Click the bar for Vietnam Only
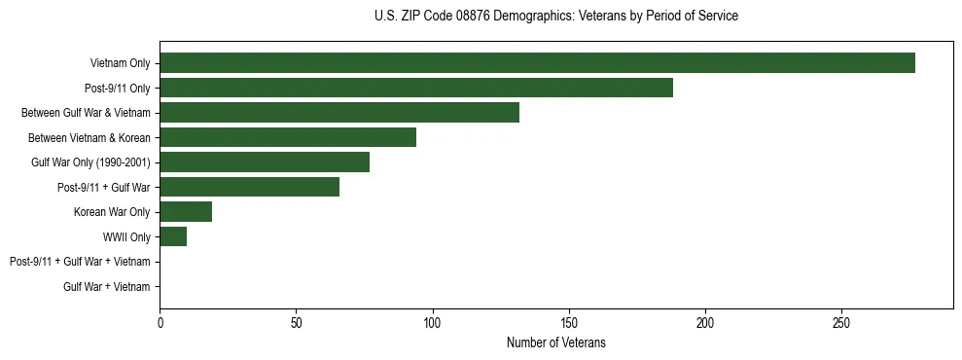coord(537,63)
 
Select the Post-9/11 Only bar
coord(416,88)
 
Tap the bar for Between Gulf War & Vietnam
coord(339,113)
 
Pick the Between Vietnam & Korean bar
coord(288,137)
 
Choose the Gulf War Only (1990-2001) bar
coord(265,162)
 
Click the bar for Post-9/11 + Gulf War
coord(249,187)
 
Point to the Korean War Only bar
coord(186,212)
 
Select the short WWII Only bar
coord(173,236)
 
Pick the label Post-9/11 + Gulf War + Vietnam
coord(80,262)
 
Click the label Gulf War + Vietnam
coord(107,287)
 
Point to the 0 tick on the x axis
coord(160,322)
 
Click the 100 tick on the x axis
coord(433,322)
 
